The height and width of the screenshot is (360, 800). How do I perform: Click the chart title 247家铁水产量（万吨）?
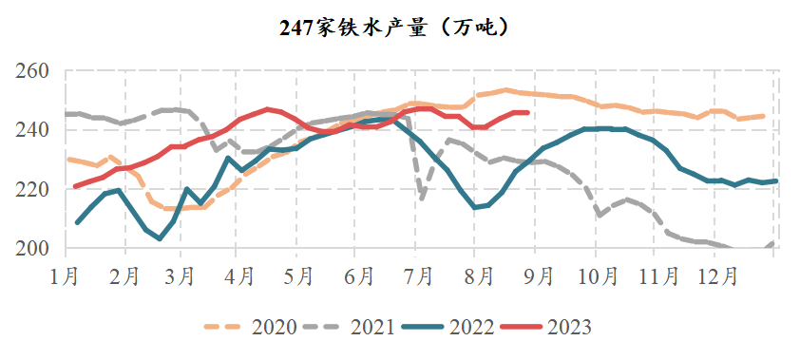pos(399,28)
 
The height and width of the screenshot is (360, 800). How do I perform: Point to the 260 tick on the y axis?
pos(31,71)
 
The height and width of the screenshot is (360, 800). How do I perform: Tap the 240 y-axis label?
pos(31,130)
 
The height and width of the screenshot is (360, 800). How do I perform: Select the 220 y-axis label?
pos(31,189)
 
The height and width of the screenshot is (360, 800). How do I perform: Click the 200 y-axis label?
pos(31,248)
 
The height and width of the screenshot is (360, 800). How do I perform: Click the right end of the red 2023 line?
pos(527,112)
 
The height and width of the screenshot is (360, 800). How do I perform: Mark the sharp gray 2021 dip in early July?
pos(422,198)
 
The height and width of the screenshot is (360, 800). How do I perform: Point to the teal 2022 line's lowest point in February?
pos(160,238)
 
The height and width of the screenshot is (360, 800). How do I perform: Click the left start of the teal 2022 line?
pos(77,222)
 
